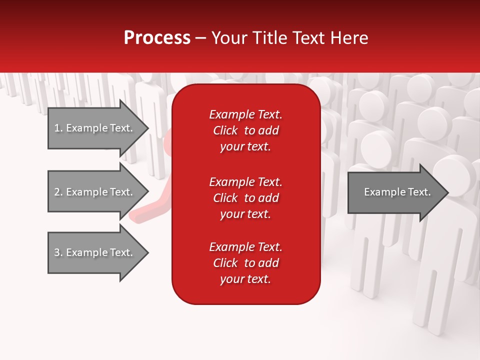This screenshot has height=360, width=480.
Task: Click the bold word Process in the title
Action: (x=157, y=38)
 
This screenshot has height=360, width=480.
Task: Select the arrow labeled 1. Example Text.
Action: (x=95, y=128)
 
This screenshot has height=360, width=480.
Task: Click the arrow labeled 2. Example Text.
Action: (x=95, y=192)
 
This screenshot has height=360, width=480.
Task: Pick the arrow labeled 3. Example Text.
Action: (x=95, y=252)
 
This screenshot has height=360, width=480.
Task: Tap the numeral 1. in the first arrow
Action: (x=58, y=128)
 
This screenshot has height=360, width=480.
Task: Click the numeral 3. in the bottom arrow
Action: (x=58, y=252)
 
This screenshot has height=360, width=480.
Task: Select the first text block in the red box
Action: (x=245, y=130)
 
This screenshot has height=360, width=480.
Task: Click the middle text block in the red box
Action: (x=245, y=197)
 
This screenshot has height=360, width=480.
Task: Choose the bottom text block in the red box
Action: (x=245, y=263)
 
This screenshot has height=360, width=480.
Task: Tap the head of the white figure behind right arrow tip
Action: (x=454, y=172)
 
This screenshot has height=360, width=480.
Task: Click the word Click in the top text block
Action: (x=225, y=130)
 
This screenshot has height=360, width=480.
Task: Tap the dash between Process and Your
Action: (x=200, y=38)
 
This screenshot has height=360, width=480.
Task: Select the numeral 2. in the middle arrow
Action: (x=58, y=192)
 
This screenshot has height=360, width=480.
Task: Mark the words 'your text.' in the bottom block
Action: (x=245, y=279)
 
